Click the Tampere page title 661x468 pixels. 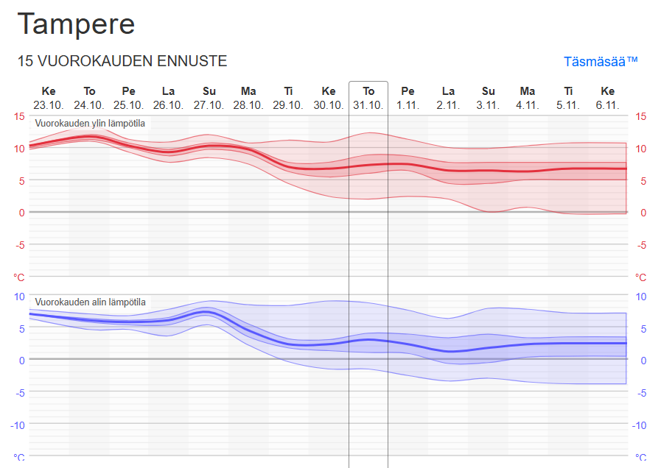pyautogui.click(x=77, y=24)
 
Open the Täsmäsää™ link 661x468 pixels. pyautogui.click(x=600, y=61)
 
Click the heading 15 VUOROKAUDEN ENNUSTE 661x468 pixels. pyautogui.click(x=122, y=61)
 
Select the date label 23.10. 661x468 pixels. pyautogui.click(x=49, y=104)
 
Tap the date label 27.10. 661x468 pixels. pyautogui.click(x=209, y=104)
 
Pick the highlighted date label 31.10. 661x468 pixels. pyautogui.click(x=368, y=104)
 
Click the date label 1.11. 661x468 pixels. pyautogui.click(x=408, y=104)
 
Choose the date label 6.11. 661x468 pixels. pyautogui.click(x=607, y=104)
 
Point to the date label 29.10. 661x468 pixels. pyautogui.click(x=288, y=104)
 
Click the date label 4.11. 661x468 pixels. pyautogui.click(x=527, y=104)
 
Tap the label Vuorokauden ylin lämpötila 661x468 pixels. pyautogui.click(x=91, y=123)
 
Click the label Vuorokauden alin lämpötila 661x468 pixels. pyautogui.click(x=91, y=302)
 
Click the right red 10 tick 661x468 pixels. pyautogui.click(x=640, y=149)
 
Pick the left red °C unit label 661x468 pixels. pyautogui.click(x=19, y=277)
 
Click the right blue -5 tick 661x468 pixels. pyautogui.click(x=642, y=393)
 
